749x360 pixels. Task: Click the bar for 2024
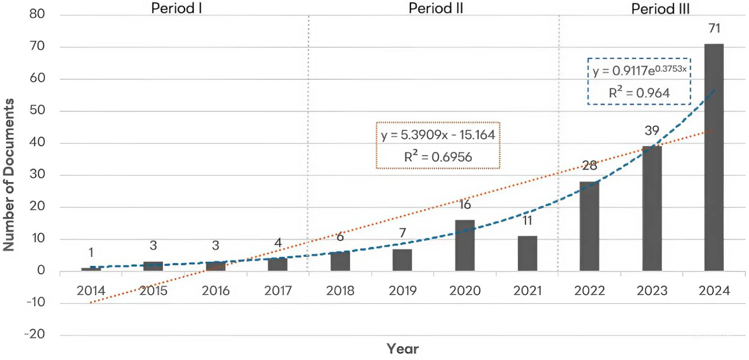[714, 157]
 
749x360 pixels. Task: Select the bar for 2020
[465, 246]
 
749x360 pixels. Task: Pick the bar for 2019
[402, 260]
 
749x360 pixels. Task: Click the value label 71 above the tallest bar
[714, 28]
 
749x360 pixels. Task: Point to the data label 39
[652, 131]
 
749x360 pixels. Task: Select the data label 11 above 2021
[527, 221]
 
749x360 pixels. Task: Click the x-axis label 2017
[278, 291]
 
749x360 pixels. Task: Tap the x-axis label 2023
[652, 291]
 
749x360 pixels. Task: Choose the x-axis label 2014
[91, 291]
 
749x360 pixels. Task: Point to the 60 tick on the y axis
[37, 78]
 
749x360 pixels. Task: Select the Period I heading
[176, 8]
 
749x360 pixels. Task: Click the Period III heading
[660, 9]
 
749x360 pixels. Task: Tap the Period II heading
[436, 8]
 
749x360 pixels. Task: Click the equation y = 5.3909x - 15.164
[438, 135]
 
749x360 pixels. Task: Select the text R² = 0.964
[639, 93]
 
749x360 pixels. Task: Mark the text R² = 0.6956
[438, 157]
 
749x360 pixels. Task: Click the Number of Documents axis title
[9, 174]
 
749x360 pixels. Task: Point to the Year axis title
[402, 349]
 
